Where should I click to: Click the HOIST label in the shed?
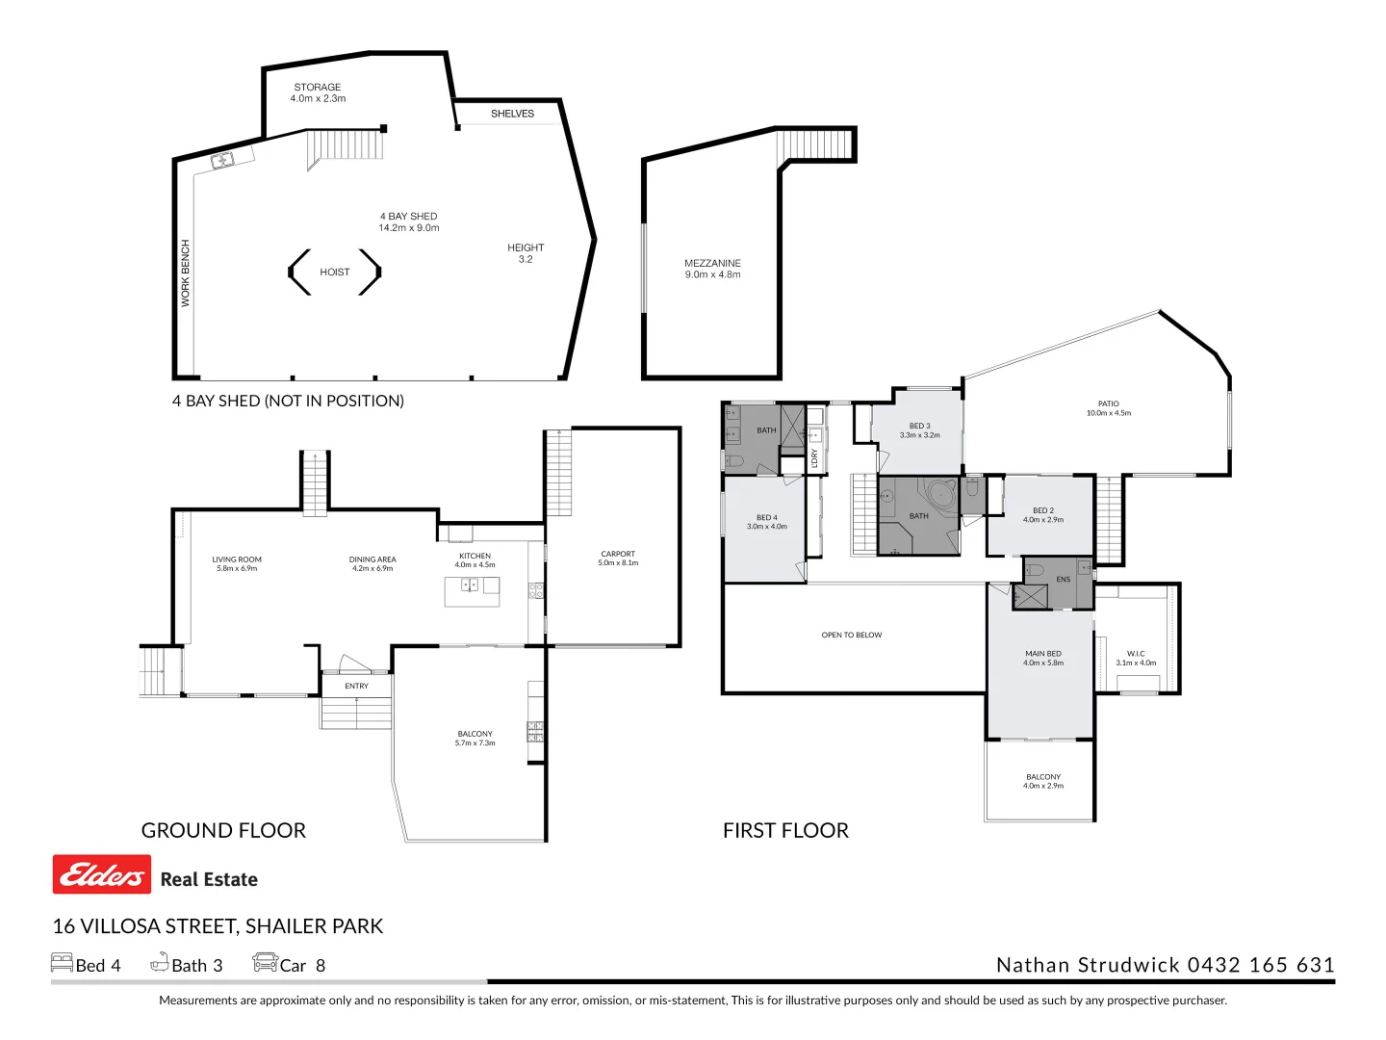(335, 273)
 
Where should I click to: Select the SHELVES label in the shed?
(512, 114)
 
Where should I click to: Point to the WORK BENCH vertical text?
(186, 273)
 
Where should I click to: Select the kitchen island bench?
(472, 591)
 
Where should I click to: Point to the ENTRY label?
(356, 687)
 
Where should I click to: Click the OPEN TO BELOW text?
(851, 636)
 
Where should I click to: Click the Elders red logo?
(102, 874)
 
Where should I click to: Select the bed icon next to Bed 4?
(62, 963)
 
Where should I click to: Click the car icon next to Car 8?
(265, 963)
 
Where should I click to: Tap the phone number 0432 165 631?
(1261, 965)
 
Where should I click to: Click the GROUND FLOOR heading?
(223, 830)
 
